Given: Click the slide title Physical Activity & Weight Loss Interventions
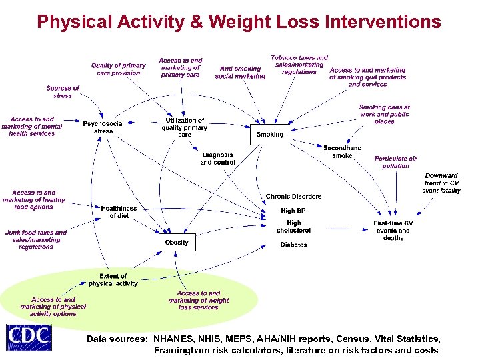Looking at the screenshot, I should (239, 22).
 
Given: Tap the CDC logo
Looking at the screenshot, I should (29, 338).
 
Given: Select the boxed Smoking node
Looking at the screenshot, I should (270, 134).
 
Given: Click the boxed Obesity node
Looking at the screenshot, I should (177, 243).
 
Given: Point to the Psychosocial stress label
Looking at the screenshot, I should (103, 127).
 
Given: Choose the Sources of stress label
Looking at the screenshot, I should (63, 92).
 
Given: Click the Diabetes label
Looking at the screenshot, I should (293, 245).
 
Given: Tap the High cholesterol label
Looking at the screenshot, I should (293, 227).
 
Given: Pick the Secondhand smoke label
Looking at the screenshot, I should (342, 152).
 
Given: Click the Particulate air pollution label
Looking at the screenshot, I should (395, 162).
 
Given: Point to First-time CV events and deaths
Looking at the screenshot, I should (393, 230).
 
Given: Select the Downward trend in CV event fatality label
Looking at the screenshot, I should (441, 183).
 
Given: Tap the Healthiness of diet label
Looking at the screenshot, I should (119, 212).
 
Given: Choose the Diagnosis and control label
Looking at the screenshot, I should (217, 159).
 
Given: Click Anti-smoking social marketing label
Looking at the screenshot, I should (240, 72).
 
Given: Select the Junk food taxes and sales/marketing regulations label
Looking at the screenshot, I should (36, 239).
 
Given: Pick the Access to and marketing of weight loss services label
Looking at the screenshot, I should (198, 300).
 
